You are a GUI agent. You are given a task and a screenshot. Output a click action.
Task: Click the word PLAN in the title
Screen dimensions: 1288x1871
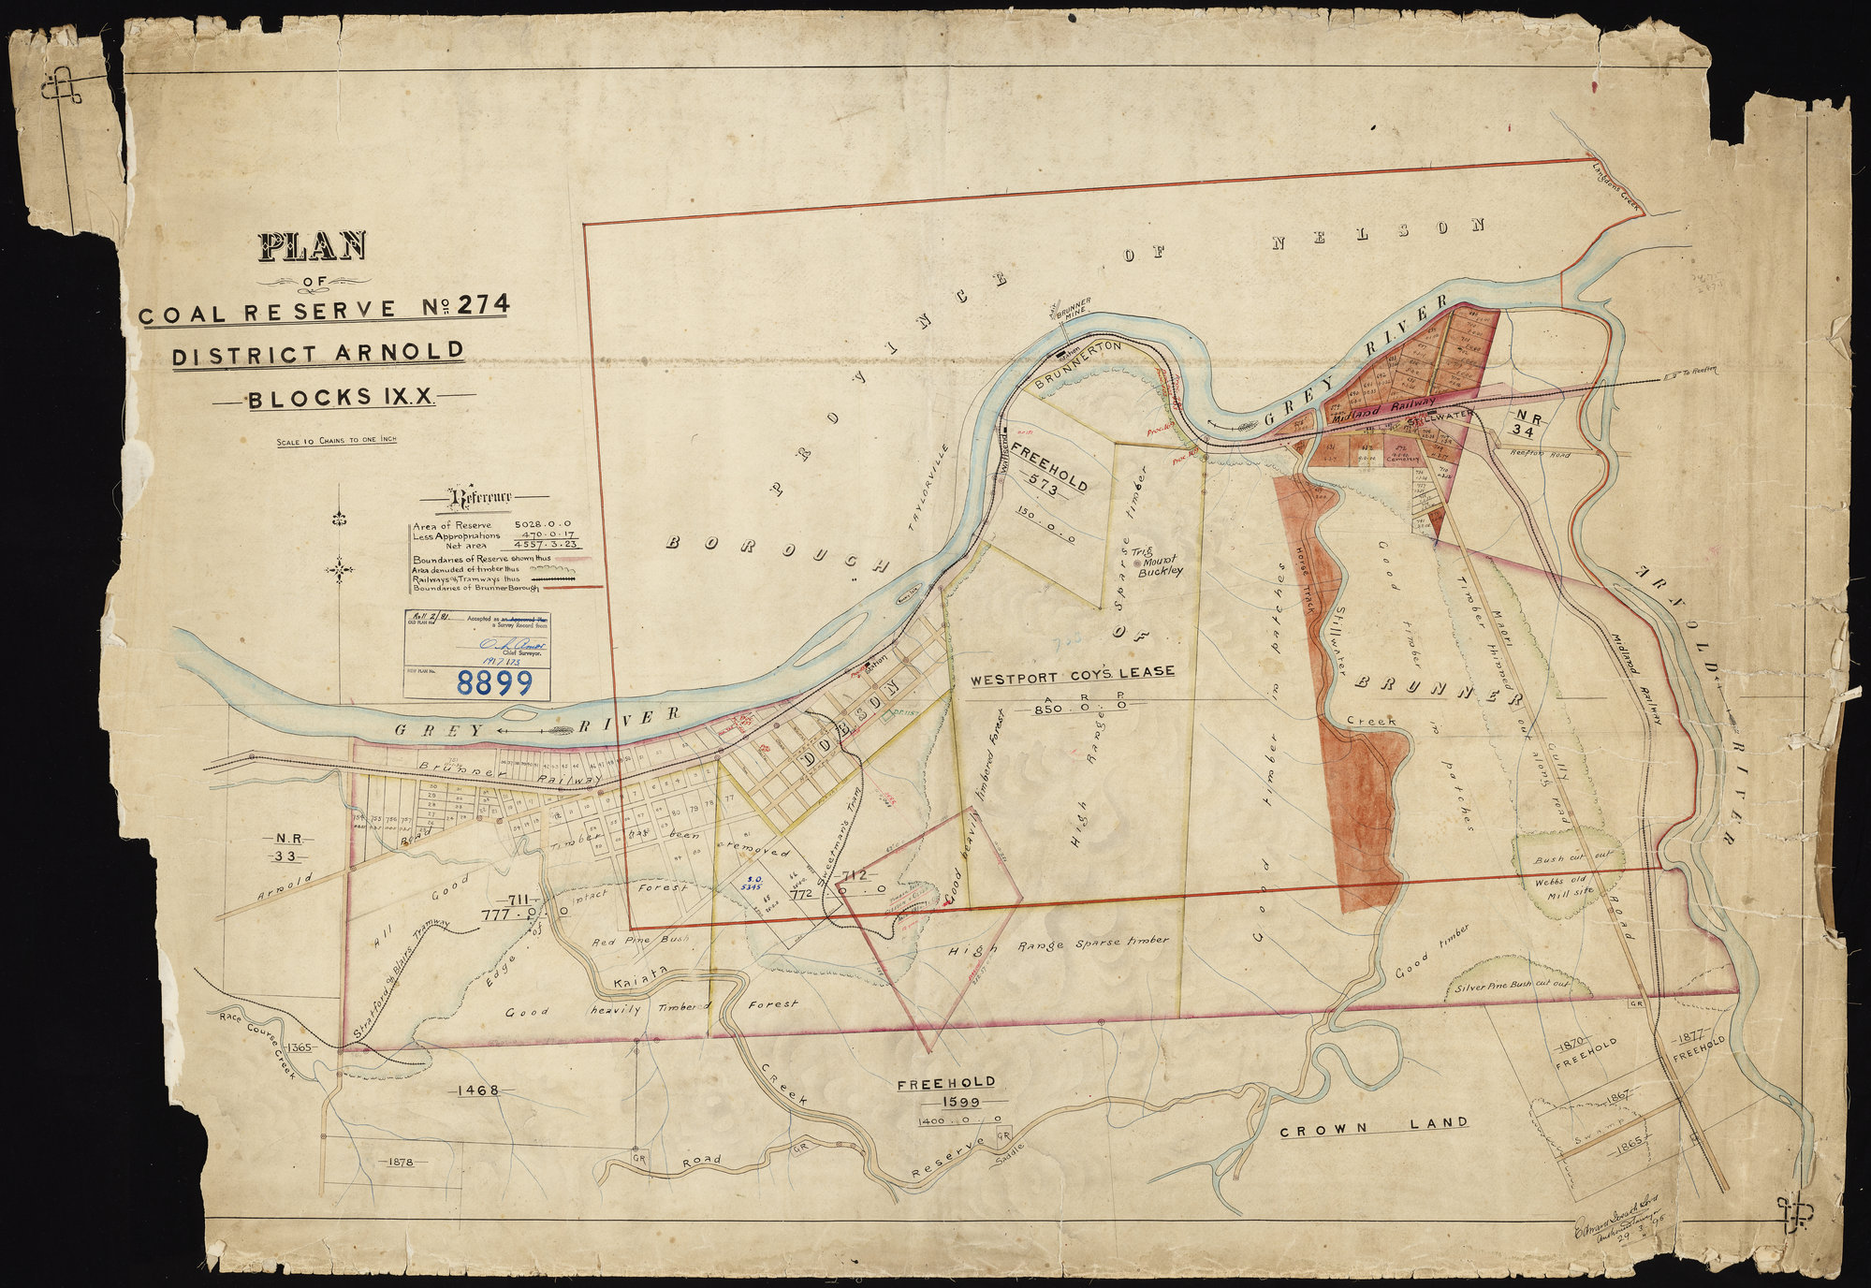(313, 246)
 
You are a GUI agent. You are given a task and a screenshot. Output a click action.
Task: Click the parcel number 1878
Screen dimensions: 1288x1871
(399, 1162)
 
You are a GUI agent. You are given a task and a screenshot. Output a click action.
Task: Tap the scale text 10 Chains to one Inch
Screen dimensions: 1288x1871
(336, 440)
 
